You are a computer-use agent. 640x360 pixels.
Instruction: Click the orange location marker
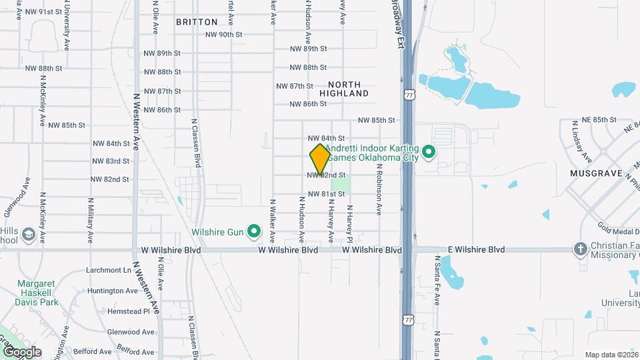tap(320, 159)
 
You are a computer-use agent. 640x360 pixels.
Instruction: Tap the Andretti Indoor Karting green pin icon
tap(430, 153)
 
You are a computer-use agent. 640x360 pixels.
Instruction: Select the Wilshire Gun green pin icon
tap(253, 231)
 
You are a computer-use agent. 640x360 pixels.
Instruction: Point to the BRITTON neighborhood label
tap(197, 22)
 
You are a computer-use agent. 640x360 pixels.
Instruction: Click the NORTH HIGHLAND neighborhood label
tap(344, 89)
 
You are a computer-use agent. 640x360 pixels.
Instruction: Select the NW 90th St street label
tap(223, 35)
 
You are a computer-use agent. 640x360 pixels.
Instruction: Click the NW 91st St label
tap(43, 12)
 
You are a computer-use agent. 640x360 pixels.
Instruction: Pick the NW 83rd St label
tap(111, 161)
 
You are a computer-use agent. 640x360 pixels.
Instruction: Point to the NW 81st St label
tap(326, 194)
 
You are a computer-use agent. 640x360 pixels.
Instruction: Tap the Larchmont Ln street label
tap(109, 271)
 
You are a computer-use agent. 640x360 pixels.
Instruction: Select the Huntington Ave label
tap(112, 291)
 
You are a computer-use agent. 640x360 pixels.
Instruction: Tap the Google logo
tap(22, 351)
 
